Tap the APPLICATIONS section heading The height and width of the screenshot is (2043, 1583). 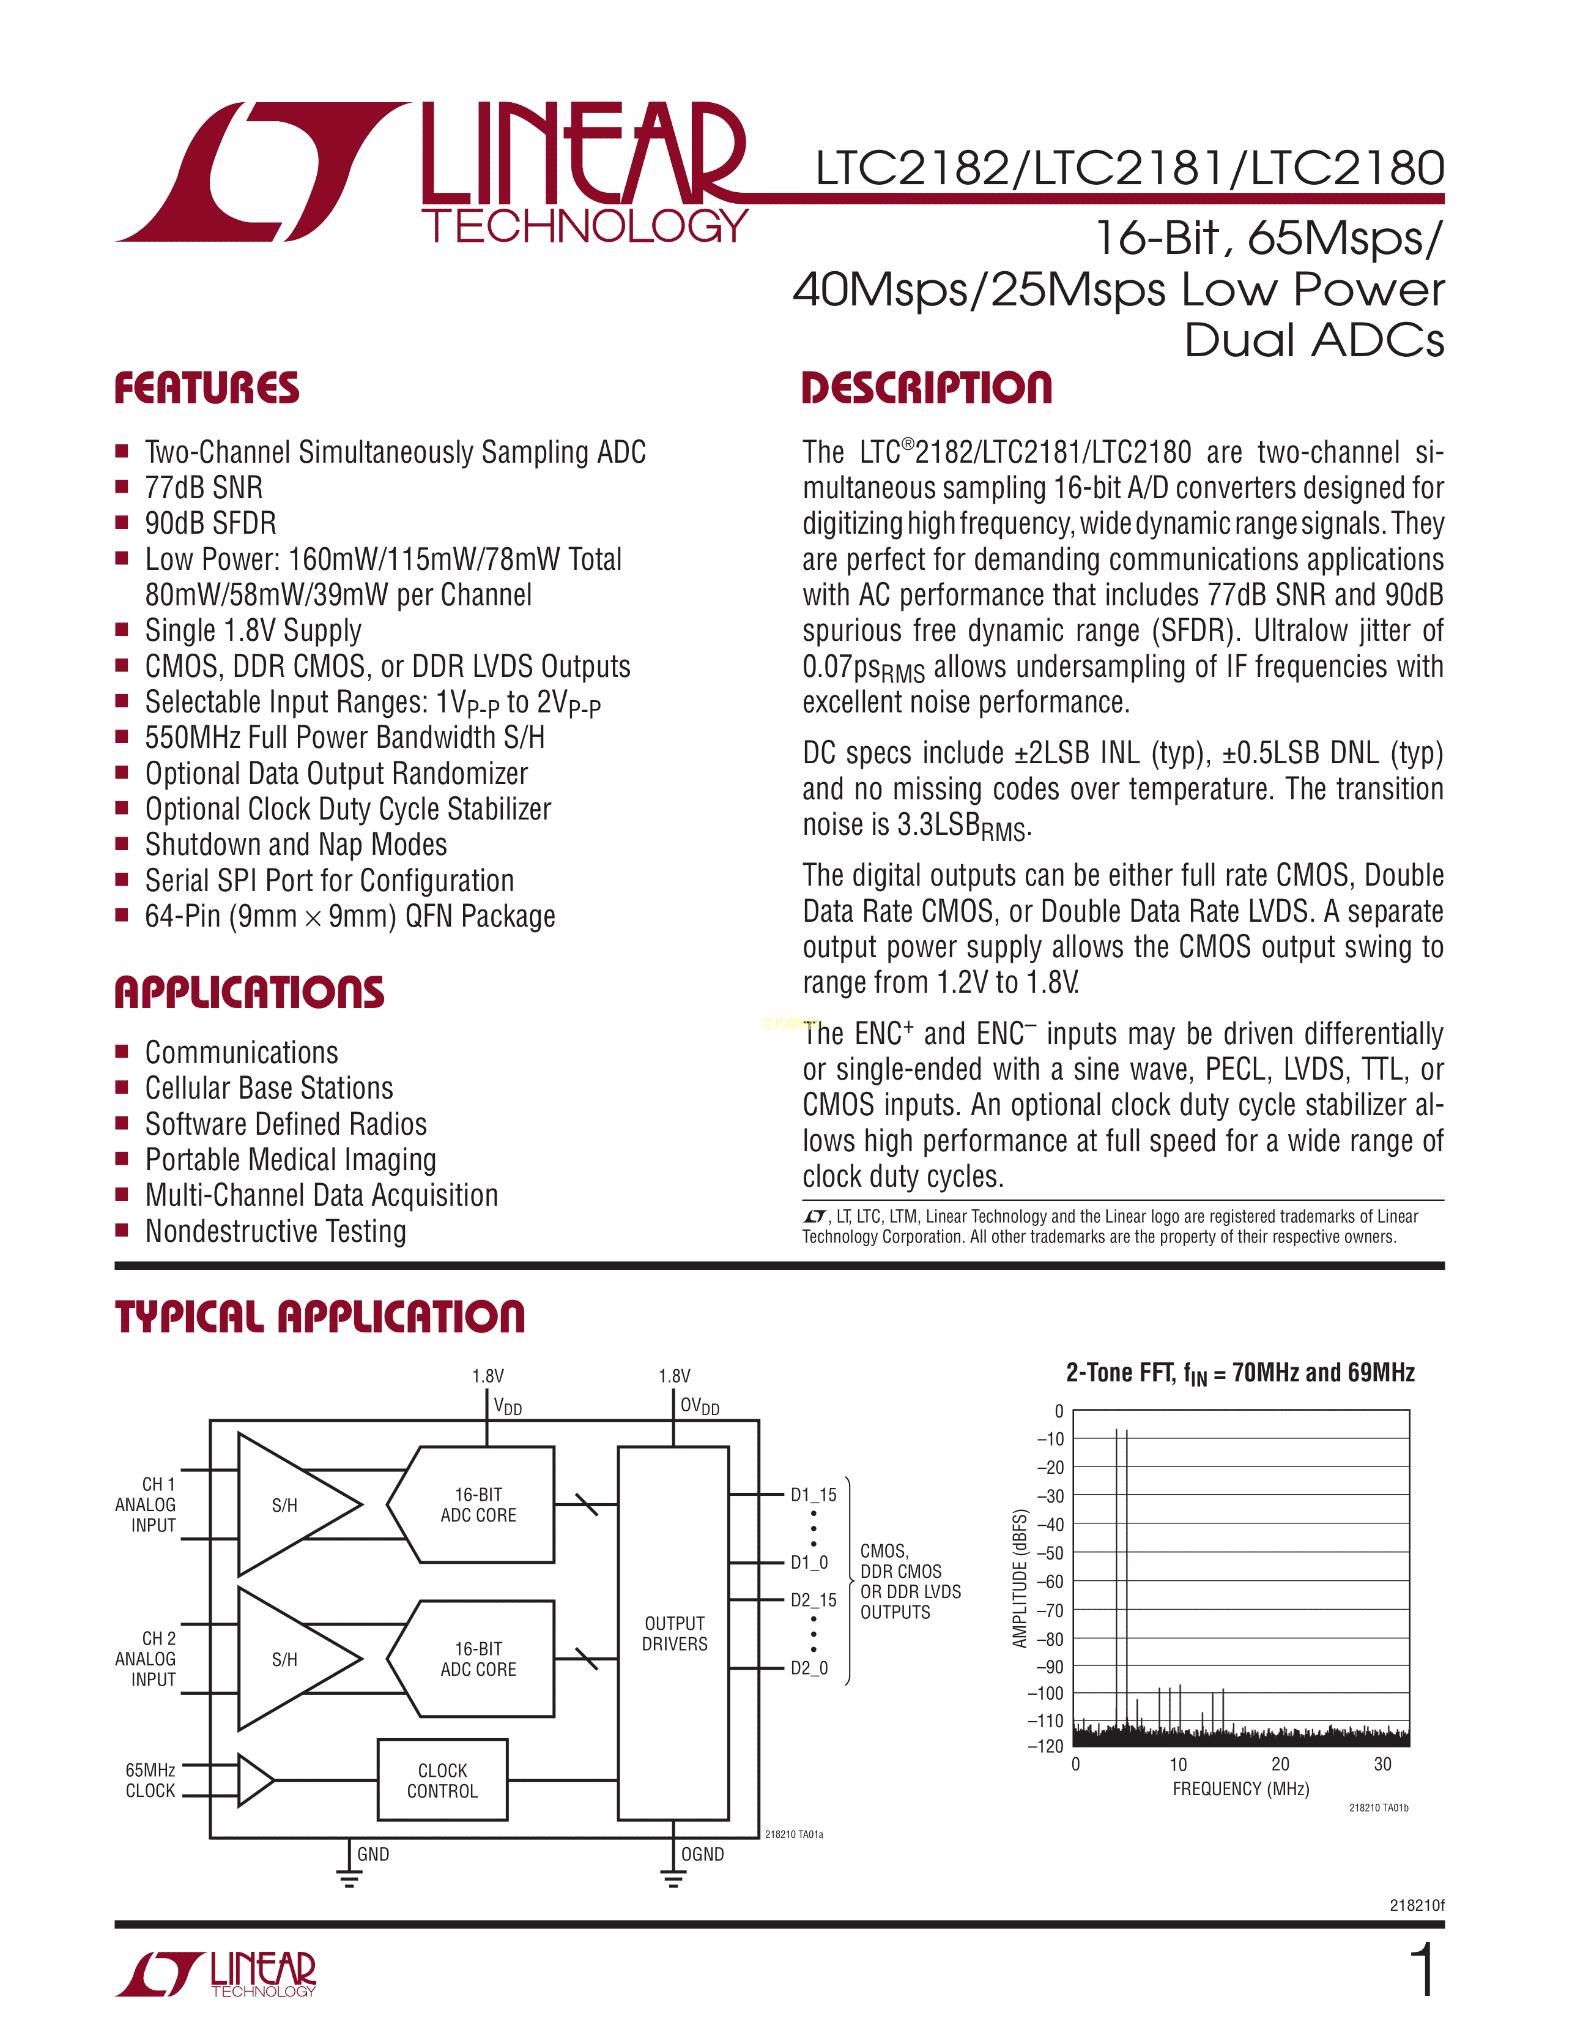(x=249, y=993)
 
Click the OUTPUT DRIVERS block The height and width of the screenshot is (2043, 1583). (x=673, y=1634)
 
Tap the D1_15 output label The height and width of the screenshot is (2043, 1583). (x=812, y=1494)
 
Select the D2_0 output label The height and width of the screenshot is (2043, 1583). (x=809, y=1668)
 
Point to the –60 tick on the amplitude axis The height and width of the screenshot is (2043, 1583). (x=1053, y=1581)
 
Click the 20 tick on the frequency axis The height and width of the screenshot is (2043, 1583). (x=1280, y=1765)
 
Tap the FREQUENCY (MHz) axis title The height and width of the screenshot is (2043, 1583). (x=1241, y=1788)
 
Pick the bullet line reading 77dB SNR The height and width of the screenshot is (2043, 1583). (x=204, y=487)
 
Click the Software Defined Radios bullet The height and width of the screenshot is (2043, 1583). (x=285, y=1124)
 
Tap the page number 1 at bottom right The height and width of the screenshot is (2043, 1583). (x=1422, y=1971)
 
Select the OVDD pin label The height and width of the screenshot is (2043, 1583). (x=699, y=1406)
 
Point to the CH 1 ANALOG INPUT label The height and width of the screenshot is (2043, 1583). (x=147, y=1504)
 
